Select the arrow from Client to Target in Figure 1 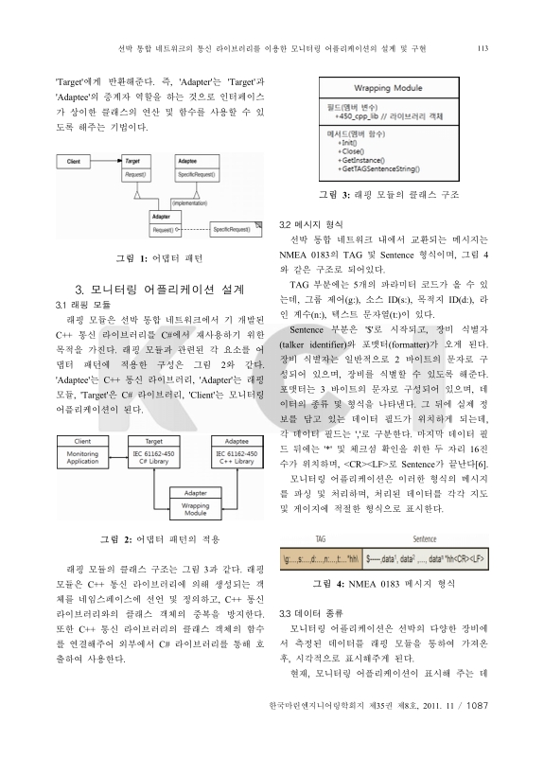[x=99, y=162]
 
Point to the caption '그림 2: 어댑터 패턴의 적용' [x=160, y=539]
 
